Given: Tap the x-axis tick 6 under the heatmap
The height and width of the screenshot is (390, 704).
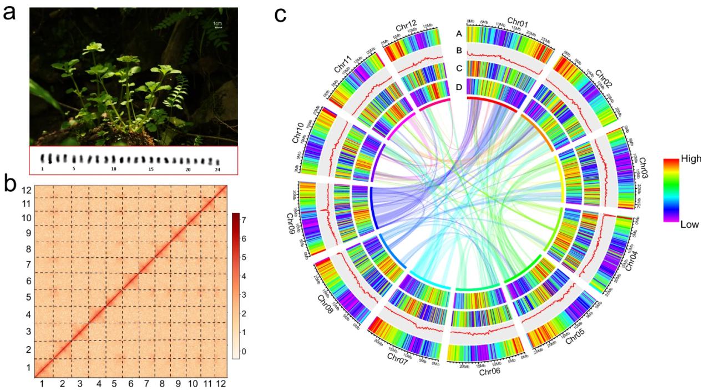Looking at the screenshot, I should coord(131,383).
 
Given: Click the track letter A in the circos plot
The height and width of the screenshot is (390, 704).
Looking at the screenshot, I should coord(458,34).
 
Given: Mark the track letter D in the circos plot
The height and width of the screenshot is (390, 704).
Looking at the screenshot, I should coord(458,86).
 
